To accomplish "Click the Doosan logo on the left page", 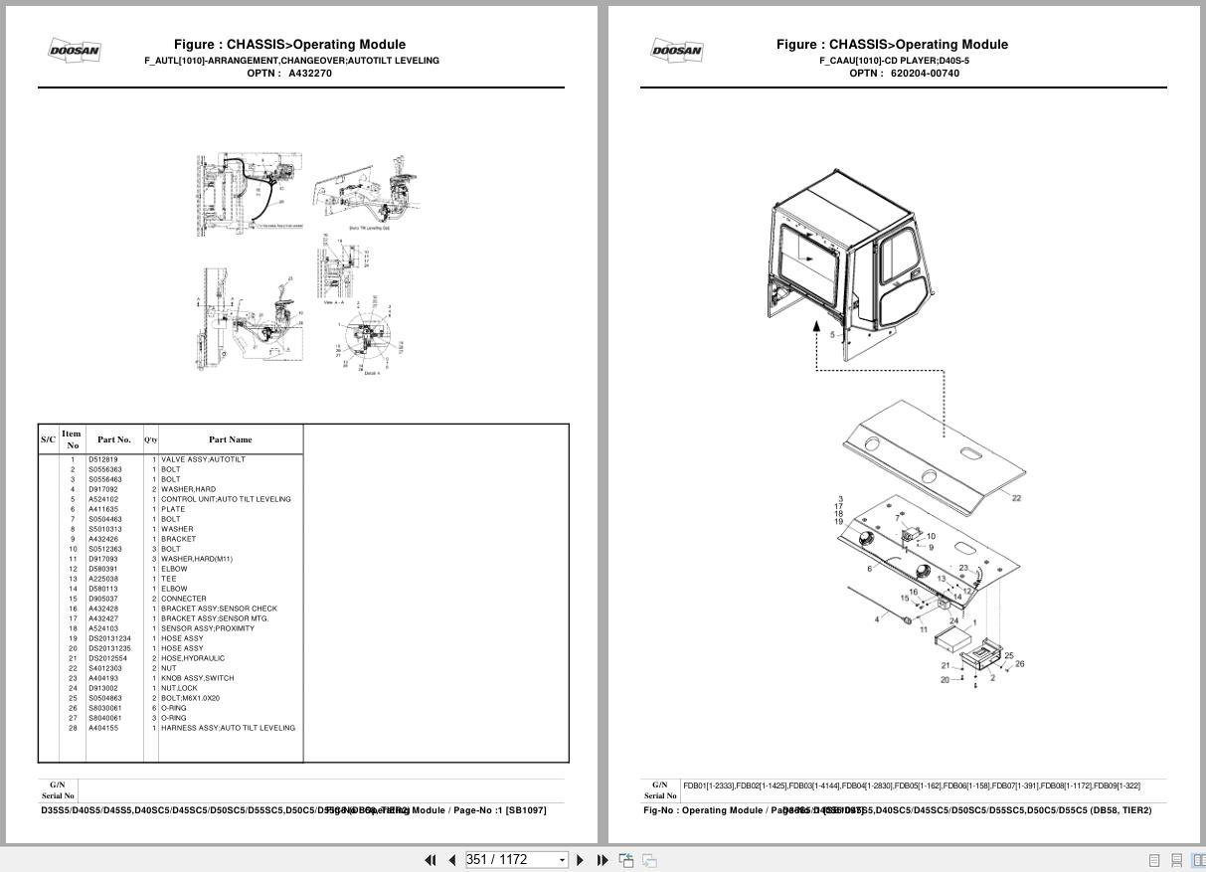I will [75, 50].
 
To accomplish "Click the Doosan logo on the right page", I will [677, 50].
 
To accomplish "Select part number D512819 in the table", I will [102, 459].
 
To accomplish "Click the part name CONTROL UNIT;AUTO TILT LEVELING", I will [226, 499].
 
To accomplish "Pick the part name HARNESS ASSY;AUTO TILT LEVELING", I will [228, 728].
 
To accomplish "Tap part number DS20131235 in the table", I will [109, 648].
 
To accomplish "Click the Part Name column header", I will [230, 439].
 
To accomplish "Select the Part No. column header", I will [113, 439].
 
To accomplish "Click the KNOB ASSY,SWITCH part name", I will [197, 678].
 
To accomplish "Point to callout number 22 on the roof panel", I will [1016, 498].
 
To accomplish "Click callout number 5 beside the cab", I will [832, 335].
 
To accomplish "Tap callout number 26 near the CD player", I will [1019, 664].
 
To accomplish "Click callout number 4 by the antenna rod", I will [876, 619].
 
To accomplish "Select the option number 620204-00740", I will [925, 74].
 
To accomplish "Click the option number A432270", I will [310, 74].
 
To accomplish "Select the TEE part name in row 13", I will [168, 579].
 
